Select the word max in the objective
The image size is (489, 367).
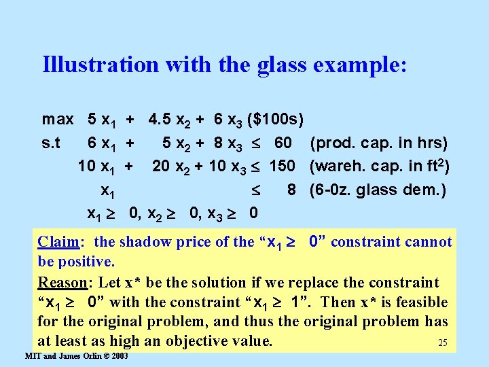pos(58,120)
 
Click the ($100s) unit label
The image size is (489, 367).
pos(276,120)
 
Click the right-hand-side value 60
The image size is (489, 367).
pos(283,143)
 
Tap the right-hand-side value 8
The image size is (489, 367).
pos(291,190)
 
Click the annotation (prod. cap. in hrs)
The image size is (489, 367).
pos(378,143)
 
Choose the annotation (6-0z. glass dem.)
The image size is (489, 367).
pos(377,190)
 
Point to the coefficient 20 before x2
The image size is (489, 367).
pos(161,167)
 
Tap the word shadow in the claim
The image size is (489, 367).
pos(145,242)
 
